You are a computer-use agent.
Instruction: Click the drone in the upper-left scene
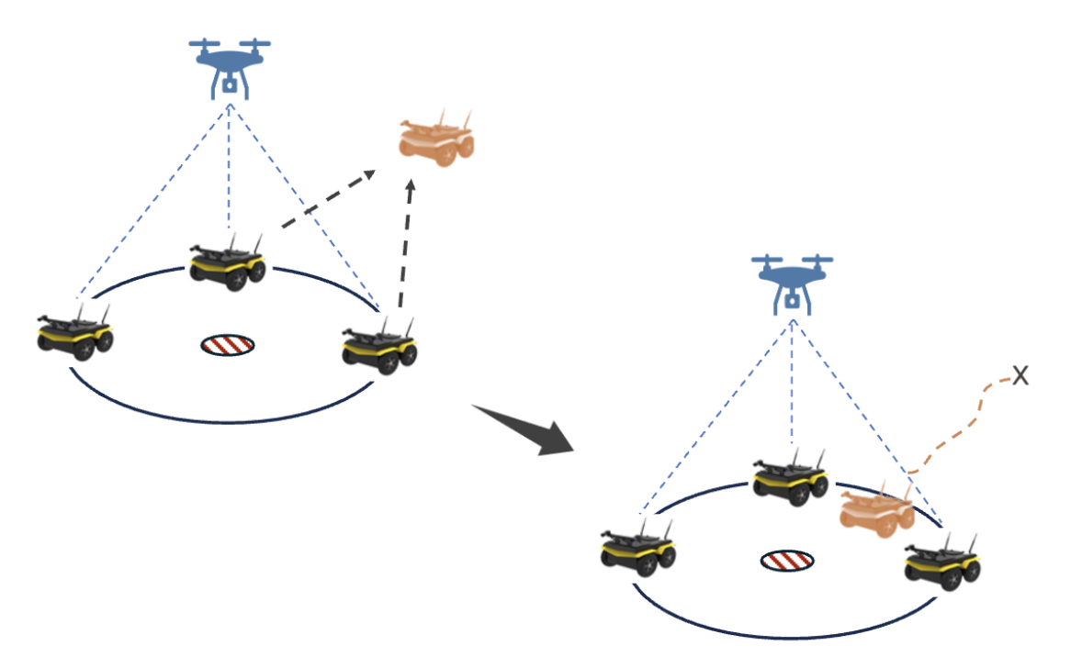click(x=230, y=64)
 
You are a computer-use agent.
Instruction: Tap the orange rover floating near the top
click(x=436, y=139)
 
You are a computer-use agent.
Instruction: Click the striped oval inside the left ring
click(x=228, y=345)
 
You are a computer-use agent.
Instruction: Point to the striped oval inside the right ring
click(x=787, y=561)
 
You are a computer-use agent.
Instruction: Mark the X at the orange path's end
click(x=1020, y=373)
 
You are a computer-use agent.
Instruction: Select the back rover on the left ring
click(x=229, y=263)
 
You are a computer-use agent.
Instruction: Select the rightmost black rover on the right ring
click(x=942, y=561)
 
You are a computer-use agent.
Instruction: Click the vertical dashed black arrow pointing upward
click(x=404, y=245)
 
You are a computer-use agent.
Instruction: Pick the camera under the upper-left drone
click(x=230, y=87)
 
